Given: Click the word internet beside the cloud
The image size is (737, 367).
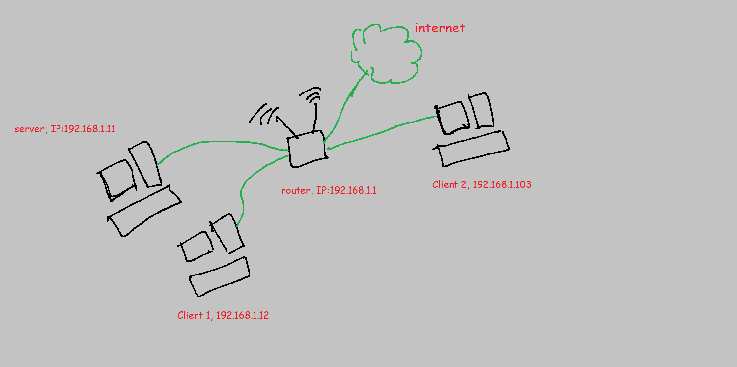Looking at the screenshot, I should coord(440,28).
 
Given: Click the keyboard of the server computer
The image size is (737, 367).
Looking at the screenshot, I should coord(144,211).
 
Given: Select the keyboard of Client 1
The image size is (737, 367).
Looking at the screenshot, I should coord(220,276).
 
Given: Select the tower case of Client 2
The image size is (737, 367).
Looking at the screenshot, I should coord(481,111).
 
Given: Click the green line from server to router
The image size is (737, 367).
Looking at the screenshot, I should coord(221,142).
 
